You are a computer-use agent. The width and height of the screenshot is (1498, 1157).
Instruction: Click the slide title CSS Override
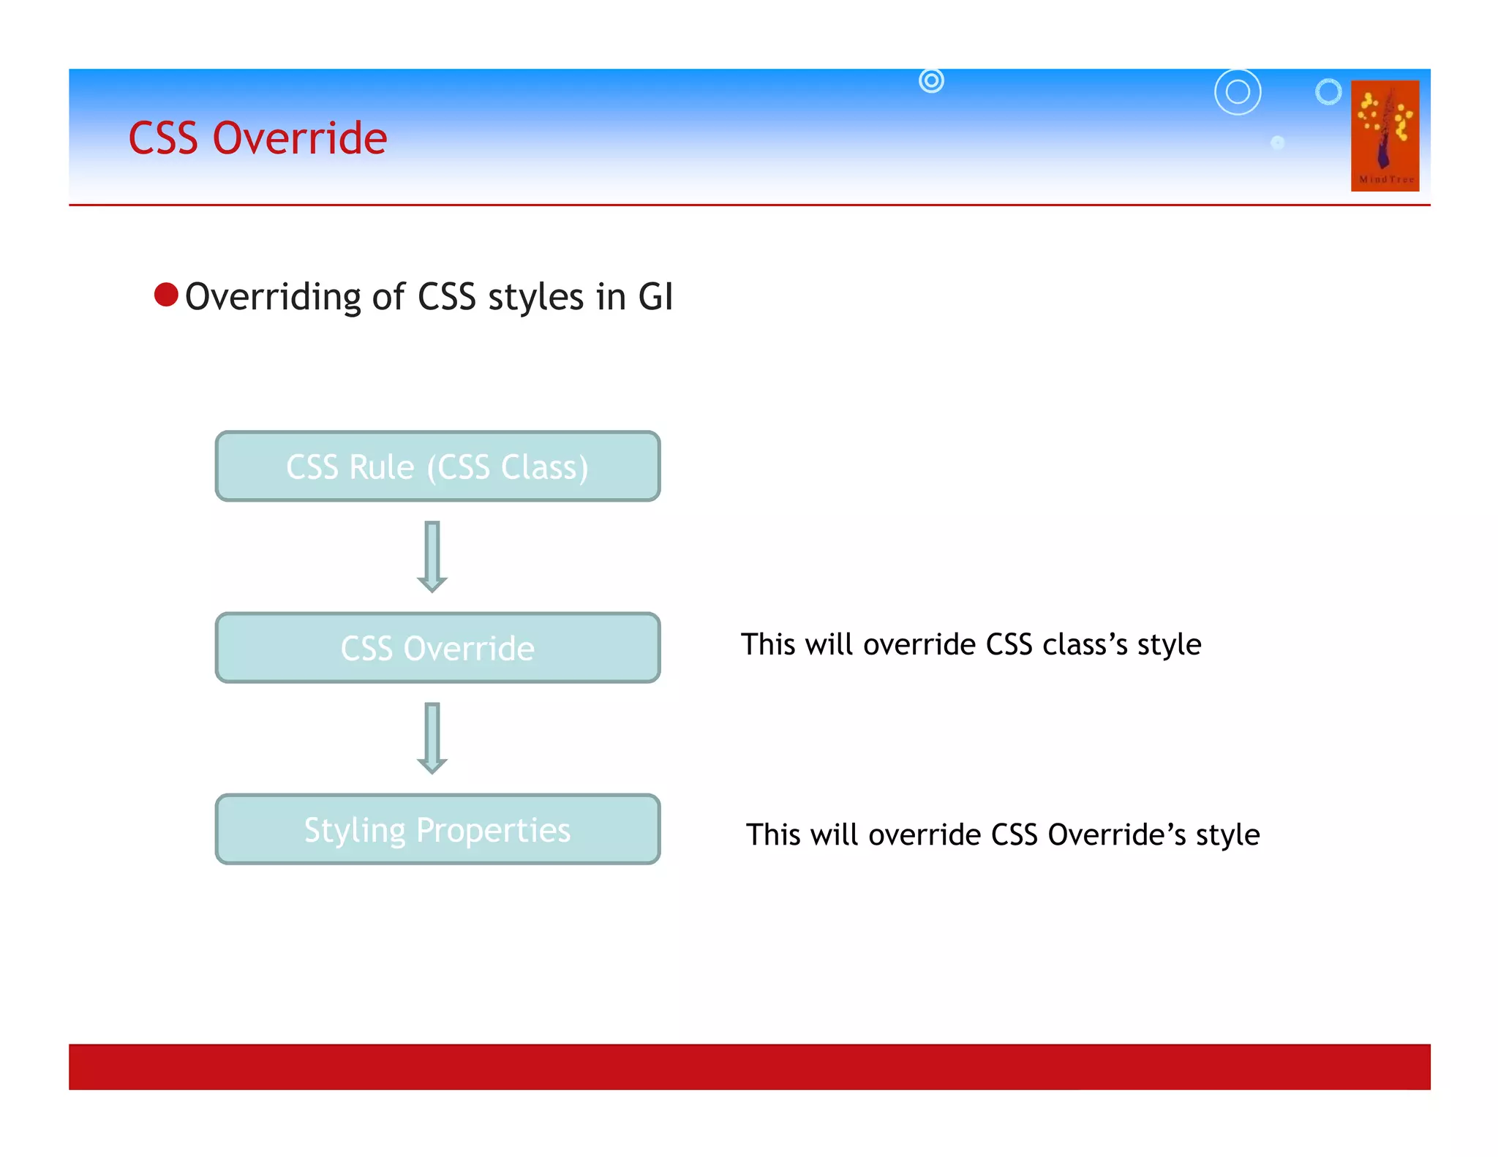(x=257, y=138)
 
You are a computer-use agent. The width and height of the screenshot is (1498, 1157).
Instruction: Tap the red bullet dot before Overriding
(x=166, y=295)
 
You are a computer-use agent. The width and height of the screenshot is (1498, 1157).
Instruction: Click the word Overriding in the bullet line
(x=273, y=298)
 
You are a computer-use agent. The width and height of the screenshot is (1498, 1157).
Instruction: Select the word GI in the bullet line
(x=655, y=297)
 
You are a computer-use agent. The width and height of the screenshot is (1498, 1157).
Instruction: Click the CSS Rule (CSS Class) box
(x=437, y=467)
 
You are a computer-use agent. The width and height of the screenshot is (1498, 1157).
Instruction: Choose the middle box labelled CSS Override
(x=437, y=648)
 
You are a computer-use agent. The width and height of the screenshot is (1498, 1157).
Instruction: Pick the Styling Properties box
(x=437, y=829)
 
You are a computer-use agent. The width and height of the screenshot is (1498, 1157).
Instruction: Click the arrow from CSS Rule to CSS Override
(x=432, y=556)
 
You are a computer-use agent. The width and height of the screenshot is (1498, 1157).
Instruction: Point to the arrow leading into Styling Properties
(x=432, y=737)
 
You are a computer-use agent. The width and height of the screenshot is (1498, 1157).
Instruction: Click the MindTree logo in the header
(x=1385, y=136)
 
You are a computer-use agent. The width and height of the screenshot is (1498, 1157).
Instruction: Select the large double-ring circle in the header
(x=1238, y=92)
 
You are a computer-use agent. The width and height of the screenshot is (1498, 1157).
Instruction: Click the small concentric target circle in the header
(x=931, y=80)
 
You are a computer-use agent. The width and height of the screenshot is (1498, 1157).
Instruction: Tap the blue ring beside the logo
(x=1328, y=91)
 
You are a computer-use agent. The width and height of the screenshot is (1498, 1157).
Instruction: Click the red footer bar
(x=749, y=1066)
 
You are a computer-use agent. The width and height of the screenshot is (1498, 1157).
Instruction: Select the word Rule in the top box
(x=382, y=467)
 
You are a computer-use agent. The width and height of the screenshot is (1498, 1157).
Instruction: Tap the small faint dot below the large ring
(x=1277, y=143)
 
